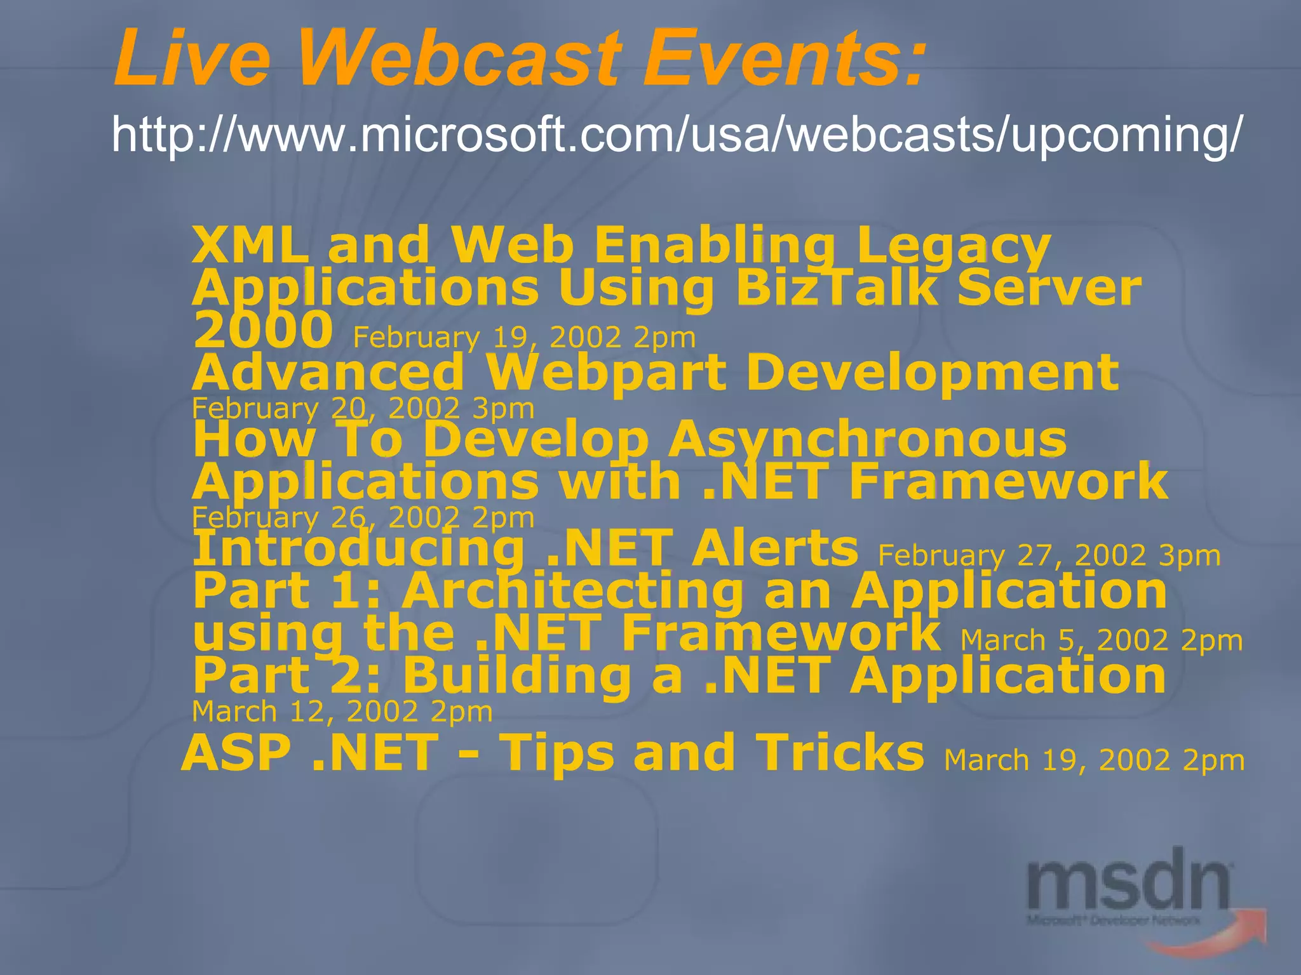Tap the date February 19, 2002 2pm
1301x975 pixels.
pyautogui.click(x=524, y=337)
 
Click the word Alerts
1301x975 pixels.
pyautogui.click(x=775, y=548)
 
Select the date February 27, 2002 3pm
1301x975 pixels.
pyautogui.click(x=1049, y=555)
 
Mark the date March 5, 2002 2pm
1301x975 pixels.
pyautogui.click(x=1101, y=640)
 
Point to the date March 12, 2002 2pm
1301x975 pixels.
pyautogui.click(x=342, y=711)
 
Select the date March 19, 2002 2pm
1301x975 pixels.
pyautogui.click(x=1094, y=760)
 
